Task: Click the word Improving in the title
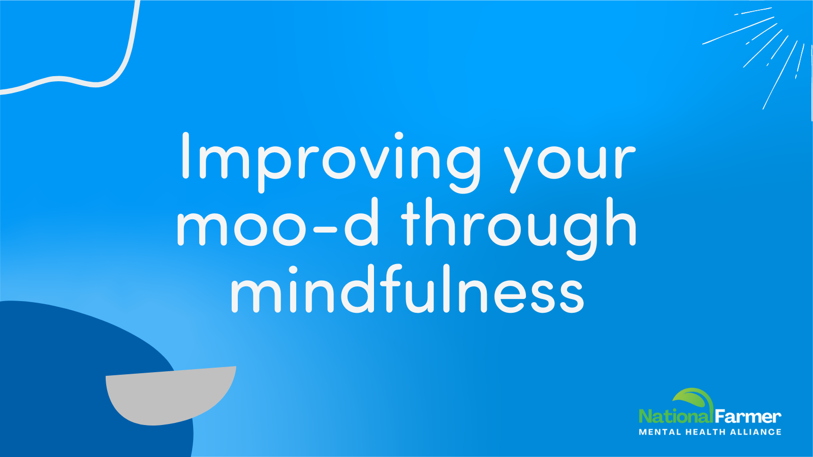click(x=331, y=162)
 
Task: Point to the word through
click(x=519, y=228)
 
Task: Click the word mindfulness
click(x=407, y=289)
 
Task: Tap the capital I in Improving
click(x=185, y=155)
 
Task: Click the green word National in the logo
click(x=675, y=416)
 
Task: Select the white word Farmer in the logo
click(x=747, y=416)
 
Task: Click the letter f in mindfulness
click(x=394, y=288)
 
